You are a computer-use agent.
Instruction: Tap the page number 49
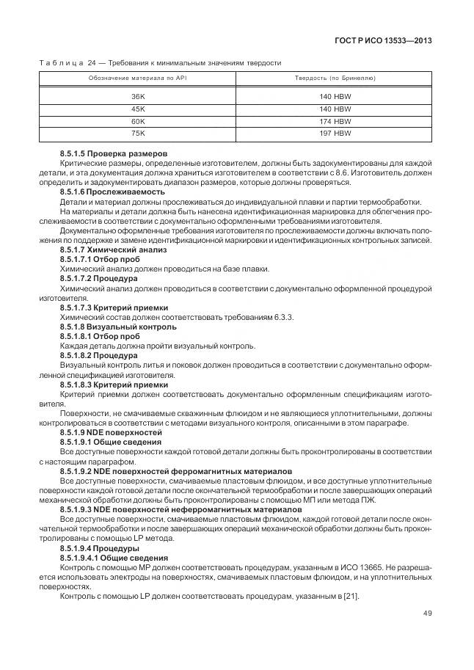pos(426,613)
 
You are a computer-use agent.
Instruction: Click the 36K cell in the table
pos(138,96)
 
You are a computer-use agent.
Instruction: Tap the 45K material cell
pos(138,109)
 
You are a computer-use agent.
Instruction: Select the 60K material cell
pos(138,121)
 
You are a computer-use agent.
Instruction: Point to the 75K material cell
pos(138,134)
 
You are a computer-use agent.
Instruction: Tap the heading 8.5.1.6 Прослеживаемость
pos(107,192)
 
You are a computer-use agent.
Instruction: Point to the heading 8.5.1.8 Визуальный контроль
pos(108,326)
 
